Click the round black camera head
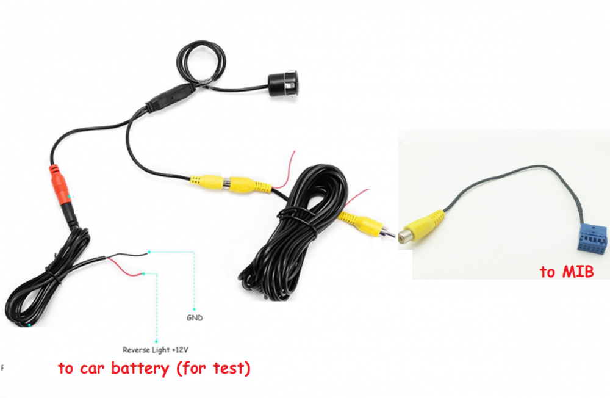(283, 84)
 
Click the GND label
(195, 318)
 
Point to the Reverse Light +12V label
(155, 350)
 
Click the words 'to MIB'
(567, 272)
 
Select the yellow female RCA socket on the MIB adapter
(423, 226)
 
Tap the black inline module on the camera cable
(171, 96)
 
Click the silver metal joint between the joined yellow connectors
(225, 183)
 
